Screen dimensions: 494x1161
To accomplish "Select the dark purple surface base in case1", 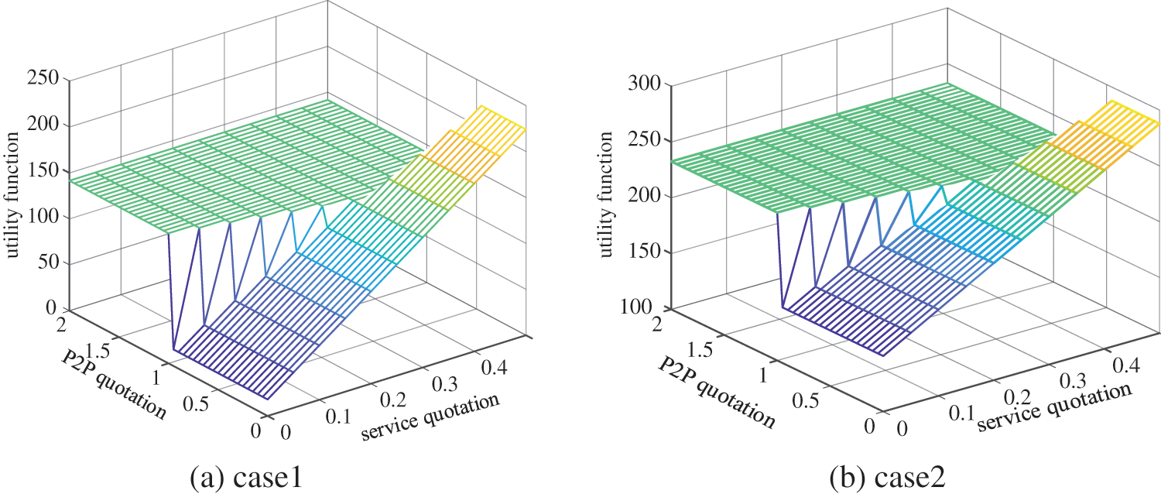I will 232,372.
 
